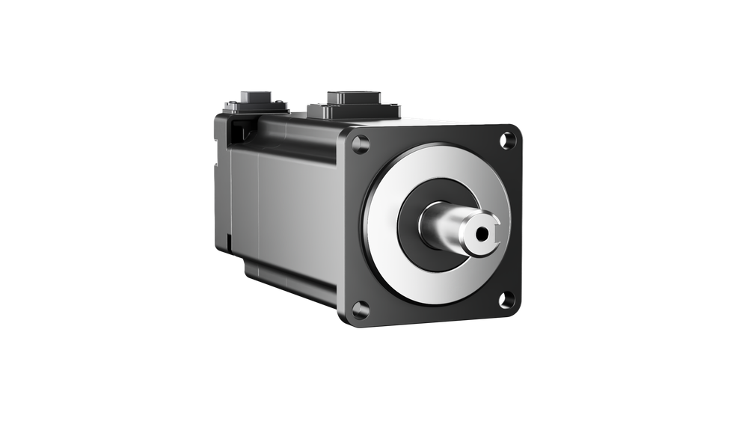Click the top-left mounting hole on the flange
[x=361, y=144]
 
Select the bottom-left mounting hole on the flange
[x=360, y=307]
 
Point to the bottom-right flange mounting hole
[x=506, y=300]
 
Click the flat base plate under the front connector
[x=355, y=111]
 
